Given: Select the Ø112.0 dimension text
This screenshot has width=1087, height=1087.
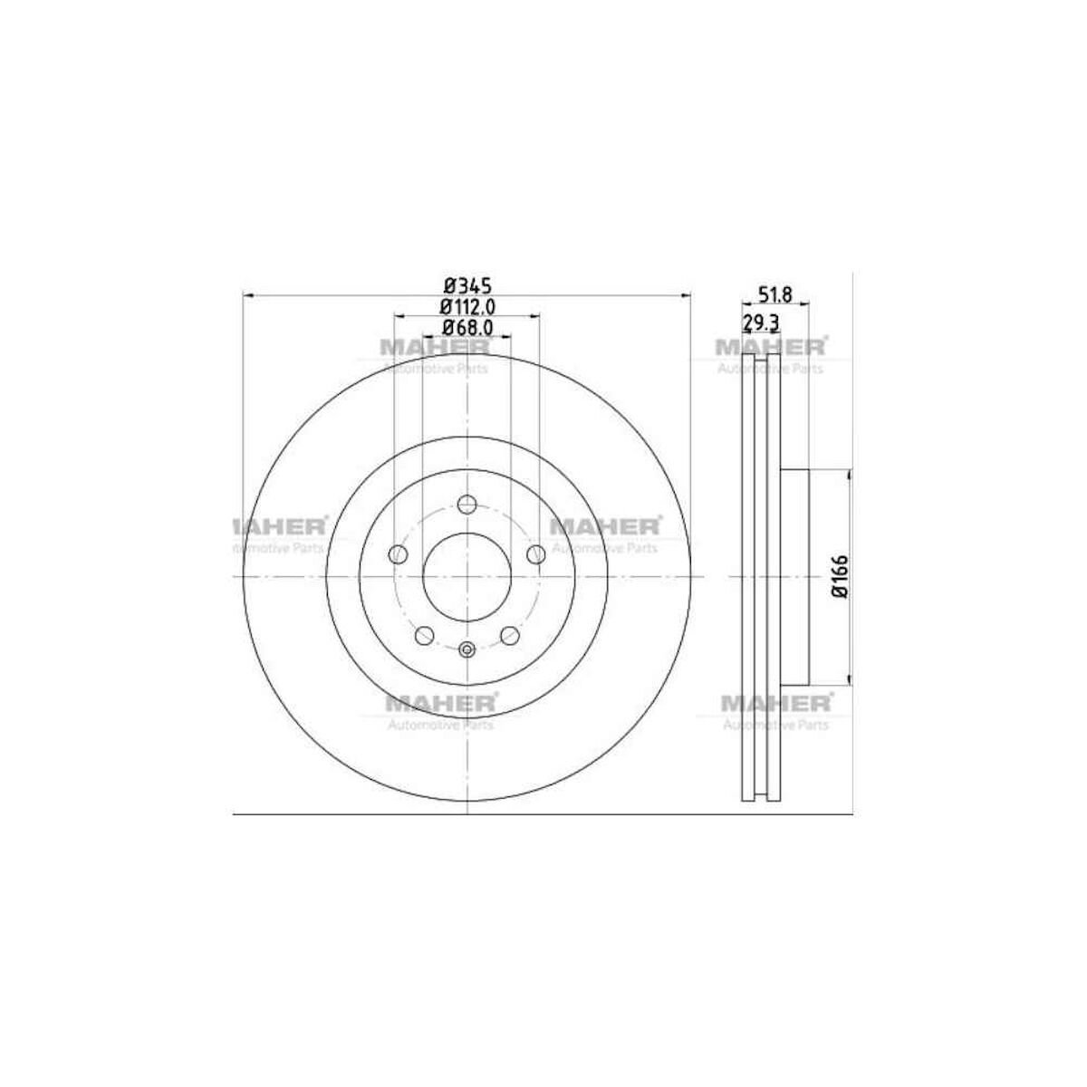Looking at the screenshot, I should point(467,307).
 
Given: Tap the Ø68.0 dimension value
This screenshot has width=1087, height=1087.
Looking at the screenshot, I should point(467,327).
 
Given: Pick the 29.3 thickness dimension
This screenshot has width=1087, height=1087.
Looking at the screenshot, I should point(761,323).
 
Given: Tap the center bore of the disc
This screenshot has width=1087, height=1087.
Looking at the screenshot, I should point(467,577).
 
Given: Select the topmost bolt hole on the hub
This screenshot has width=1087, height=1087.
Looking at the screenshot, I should point(467,505).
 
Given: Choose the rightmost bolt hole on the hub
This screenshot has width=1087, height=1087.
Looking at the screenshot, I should point(536,553).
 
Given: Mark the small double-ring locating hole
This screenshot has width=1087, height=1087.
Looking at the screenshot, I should point(467,648).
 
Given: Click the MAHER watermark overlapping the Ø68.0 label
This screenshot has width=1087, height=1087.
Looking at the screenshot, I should point(435,347).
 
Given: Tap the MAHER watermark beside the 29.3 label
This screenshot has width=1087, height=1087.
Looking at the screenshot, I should point(770,347).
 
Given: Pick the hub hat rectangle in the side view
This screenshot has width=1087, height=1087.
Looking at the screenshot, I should point(794,577).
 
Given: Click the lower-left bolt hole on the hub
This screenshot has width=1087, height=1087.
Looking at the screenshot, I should point(423,636).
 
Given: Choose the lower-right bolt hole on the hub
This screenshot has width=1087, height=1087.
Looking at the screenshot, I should point(510,636).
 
